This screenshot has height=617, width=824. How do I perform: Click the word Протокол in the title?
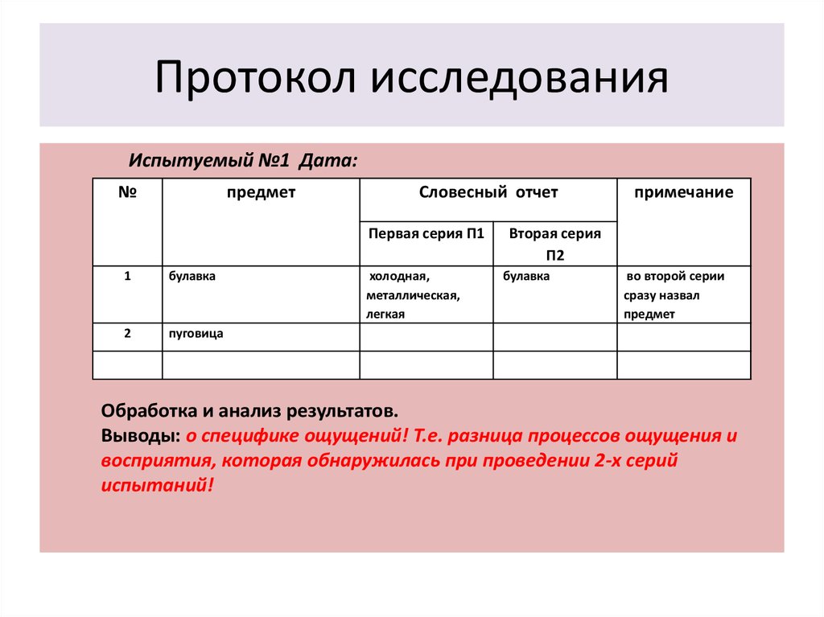pyautogui.click(x=255, y=77)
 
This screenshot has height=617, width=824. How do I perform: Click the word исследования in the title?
pyautogui.click(x=519, y=79)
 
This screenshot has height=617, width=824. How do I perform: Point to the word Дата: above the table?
pyautogui.click(x=328, y=160)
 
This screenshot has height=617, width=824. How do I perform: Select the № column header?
pyautogui.click(x=127, y=191)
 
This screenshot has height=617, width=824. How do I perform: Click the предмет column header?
pyautogui.click(x=262, y=193)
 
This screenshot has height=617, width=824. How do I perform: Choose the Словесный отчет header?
pyautogui.click(x=488, y=192)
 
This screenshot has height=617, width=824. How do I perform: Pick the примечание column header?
pyautogui.click(x=684, y=193)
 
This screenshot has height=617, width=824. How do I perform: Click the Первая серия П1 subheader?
pyautogui.click(x=426, y=233)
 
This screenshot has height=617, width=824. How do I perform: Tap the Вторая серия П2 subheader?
pyautogui.click(x=555, y=245)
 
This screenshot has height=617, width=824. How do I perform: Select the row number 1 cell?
pyautogui.click(x=127, y=276)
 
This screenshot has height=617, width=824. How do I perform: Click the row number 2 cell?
pyautogui.click(x=127, y=333)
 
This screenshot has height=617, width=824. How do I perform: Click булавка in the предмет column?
pyautogui.click(x=192, y=277)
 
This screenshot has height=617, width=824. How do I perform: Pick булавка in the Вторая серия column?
pyautogui.click(x=526, y=277)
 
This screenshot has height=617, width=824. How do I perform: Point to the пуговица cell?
pyautogui.click(x=196, y=334)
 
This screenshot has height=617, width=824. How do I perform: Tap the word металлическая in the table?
pyautogui.click(x=413, y=296)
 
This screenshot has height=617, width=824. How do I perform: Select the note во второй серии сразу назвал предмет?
pyautogui.click(x=675, y=295)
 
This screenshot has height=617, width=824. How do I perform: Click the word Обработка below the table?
pyautogui.click(x=150, y=411)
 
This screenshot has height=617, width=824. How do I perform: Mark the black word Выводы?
pyautogui.click(x=141, y=436)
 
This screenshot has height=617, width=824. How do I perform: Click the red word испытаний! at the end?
pyautogui.click(x=158, y=485)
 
